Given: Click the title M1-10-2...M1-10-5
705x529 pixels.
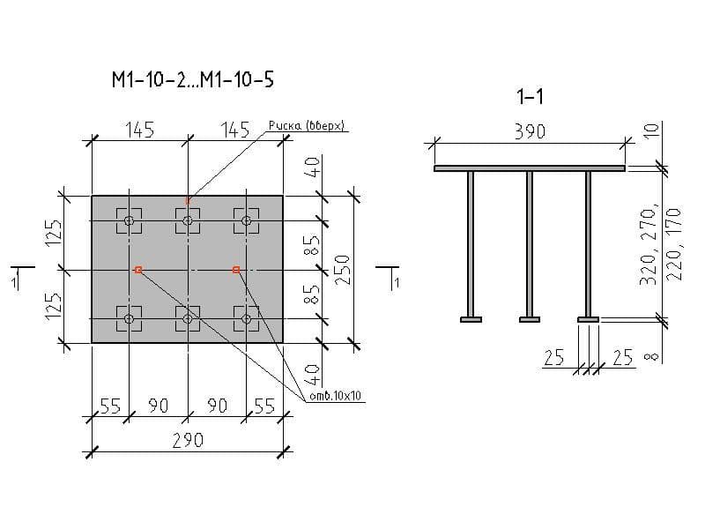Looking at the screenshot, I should click(192, 80).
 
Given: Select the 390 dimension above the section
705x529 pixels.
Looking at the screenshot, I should click(530, 132).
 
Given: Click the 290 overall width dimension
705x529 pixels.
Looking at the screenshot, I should click(187, 439).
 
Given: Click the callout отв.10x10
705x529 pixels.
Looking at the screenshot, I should click(337, 397).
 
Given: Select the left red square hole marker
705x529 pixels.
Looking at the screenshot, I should click(138, 270).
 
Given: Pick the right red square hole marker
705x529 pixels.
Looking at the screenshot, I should click(236, 270).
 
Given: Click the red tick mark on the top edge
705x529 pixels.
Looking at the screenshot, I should click(187, 199).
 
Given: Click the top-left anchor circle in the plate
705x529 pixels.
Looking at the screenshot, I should click(130, 220).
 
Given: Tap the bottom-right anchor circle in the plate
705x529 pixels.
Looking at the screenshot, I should click(246, 318).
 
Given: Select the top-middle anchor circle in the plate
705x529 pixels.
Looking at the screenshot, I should click(187, 220).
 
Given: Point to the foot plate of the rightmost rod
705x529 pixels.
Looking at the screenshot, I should click(588, 319).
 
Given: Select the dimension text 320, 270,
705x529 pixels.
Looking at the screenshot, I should click(649, 245).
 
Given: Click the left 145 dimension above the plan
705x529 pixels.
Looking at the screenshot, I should click(139, 130).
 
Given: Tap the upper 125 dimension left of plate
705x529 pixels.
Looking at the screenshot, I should click(53, 233).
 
